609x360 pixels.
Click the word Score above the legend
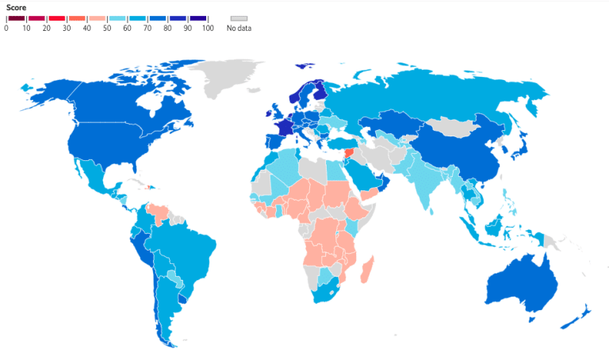pyautogui.click(x=17, y=6)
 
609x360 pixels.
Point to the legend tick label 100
pyautogui.click(x=208, y=28)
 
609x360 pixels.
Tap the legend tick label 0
pyautogui.click(x=6, y=28)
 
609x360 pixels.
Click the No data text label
pyautogui.click(x=239, y=28)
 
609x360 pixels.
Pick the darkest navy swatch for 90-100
pyautogui.click(x=198, y=17)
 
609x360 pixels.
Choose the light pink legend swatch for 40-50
pyautogui.click(x=97, y=17)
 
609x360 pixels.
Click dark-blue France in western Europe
pyautogui.click(x=282, y=130)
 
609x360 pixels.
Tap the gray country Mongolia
pyautogui.click(x=452, y=127)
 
